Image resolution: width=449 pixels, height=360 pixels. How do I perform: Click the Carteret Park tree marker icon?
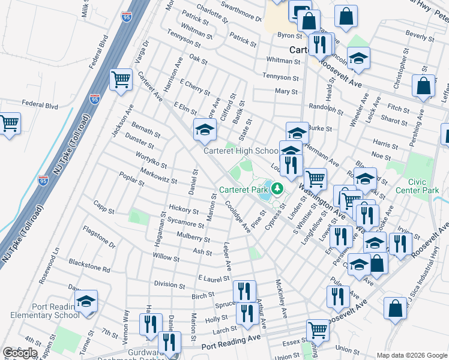pos(277,189)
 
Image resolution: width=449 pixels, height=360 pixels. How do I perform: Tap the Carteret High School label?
pos(240,151)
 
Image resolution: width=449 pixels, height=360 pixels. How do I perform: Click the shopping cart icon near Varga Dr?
pos(121,79)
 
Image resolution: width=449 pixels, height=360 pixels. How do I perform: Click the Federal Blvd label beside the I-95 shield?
pos(40,105)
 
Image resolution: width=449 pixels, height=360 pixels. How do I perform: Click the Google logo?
pos(20,353)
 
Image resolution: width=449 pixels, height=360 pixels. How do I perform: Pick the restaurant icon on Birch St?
pos(244,292)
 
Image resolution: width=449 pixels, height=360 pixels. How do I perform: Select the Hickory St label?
pos(184,211)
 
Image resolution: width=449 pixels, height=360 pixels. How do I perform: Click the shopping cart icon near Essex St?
pos(318,329)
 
